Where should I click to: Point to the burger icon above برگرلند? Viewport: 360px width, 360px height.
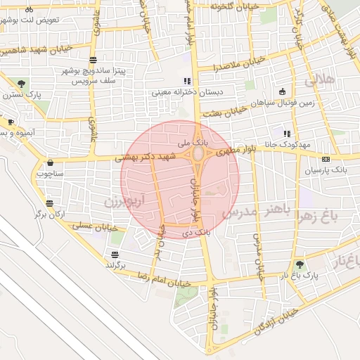coord(114,255)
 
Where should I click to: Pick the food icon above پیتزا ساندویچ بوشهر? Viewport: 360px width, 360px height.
coord(94,60)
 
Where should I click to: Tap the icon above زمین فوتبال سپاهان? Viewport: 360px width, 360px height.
coord(282,91)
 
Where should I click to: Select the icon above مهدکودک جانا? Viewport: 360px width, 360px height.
coord(286,134)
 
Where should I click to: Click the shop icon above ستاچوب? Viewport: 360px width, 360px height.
coord(50,162)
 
